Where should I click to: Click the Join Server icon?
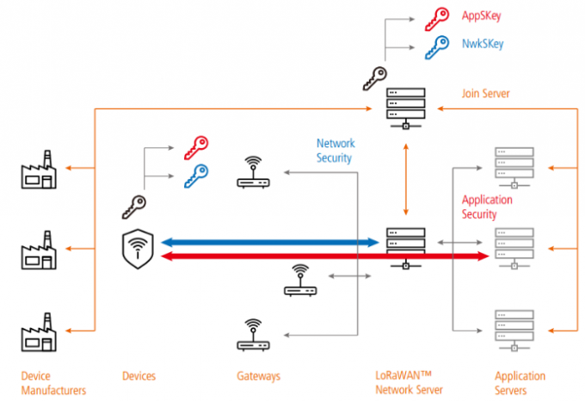click(404, 107)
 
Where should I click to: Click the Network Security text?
click(336, 151)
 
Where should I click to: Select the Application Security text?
click(487, 207)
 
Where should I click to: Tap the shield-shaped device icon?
click(139, 248)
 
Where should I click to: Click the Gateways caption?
click(258, 376)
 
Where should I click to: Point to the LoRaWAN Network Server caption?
click(409, 383)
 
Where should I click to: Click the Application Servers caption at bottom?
click(520, 383)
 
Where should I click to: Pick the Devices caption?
click(139, 376)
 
